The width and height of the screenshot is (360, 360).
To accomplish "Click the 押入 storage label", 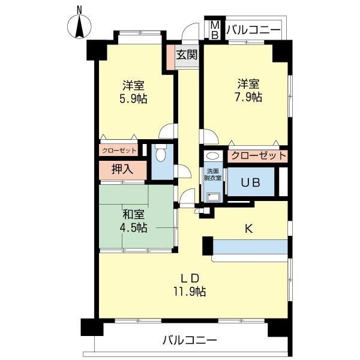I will pos(122,169).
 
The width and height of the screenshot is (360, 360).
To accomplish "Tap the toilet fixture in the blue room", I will pos(160,154).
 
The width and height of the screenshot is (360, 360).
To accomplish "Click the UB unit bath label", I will pos(250,183).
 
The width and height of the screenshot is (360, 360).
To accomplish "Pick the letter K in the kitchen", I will pos(247,227).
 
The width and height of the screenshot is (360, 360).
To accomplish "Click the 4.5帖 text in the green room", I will pos(133,227).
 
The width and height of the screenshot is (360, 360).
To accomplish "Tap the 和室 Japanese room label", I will pos(133,214).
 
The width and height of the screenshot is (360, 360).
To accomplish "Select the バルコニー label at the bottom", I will pos(189,341).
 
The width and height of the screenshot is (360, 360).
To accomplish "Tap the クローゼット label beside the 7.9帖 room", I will pos(258,155).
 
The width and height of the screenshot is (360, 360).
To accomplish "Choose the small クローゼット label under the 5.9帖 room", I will pos(119,150).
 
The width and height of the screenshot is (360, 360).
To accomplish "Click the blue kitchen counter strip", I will pos(250,247).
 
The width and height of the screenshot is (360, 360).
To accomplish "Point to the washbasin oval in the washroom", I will pos(213,155).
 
